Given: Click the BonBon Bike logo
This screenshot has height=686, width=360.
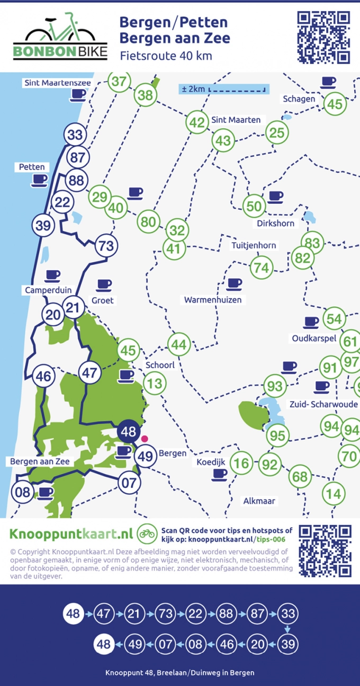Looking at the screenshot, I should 59,36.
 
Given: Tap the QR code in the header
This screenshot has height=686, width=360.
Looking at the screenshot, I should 323,36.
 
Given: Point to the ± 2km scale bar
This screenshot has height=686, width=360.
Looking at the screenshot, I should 223,89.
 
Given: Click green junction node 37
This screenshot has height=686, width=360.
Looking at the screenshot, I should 120,82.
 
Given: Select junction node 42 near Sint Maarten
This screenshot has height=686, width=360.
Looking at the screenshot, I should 197,123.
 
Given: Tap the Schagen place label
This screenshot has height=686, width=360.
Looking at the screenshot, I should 299,99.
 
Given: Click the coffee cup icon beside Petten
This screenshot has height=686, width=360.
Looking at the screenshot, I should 39,180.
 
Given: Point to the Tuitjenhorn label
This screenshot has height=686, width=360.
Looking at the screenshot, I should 254,246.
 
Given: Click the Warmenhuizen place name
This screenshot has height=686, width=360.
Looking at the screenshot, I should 213,300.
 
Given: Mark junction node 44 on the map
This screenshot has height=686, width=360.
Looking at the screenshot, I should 179,345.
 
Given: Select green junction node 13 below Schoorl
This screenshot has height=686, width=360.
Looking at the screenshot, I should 155,382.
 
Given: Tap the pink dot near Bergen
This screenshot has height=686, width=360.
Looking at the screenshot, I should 144,439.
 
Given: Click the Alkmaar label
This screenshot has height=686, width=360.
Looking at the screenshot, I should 259,501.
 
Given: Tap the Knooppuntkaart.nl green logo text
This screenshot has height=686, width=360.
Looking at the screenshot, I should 70,532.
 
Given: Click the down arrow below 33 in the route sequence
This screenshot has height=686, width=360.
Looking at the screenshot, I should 287,629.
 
